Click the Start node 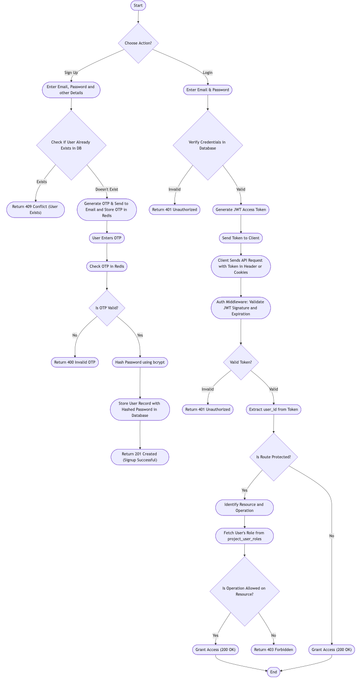coord(138,6)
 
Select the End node coord(274,672)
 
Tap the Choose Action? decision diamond coord(138,43)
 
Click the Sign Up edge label coord(71,73)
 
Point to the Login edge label coord(208,73)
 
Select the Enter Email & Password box coord(208,90)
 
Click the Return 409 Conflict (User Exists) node coord(35,209)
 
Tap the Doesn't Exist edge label coord(107,189)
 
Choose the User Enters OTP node coord(107,238)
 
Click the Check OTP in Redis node coord(107,266)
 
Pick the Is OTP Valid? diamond coord(107,308)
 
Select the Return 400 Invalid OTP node coord(75,362)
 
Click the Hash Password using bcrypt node coord(140,362)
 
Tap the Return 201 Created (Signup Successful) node coord(140,457)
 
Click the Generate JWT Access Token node coord(241,209)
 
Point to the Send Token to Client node coord(241,238)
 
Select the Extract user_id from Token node coord(274,409)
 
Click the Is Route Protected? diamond coord(274,457)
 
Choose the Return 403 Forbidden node coord(274,650)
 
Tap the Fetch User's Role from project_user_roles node coord(244,536)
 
